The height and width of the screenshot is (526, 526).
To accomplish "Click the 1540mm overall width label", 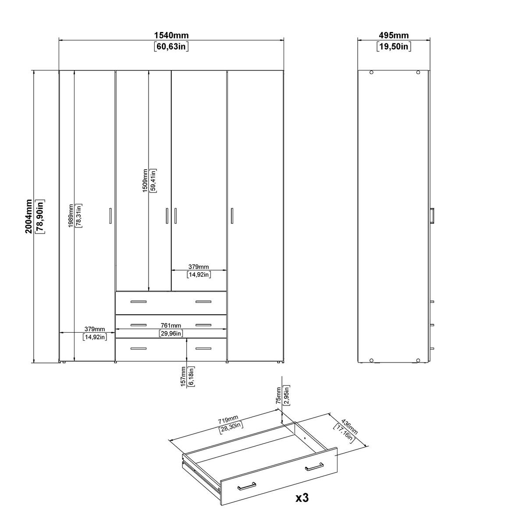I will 171,36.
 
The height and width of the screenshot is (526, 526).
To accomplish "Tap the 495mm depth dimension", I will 394,36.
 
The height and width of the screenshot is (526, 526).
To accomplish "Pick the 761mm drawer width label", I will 171,325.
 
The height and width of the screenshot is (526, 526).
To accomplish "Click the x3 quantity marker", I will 302,498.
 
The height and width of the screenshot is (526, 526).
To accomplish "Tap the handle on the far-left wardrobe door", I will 110,216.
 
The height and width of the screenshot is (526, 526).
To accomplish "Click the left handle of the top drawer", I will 139,302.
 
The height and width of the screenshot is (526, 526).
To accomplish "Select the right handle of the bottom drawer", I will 203,348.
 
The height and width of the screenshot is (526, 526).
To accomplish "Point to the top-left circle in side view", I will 371,73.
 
